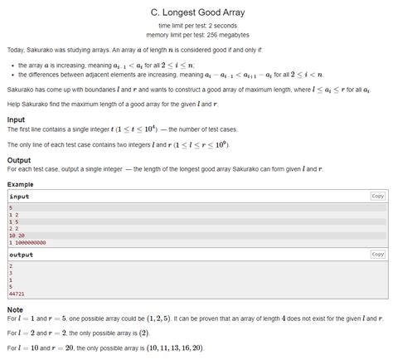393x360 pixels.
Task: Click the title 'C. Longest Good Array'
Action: pyautogui.click(x=196, y=12)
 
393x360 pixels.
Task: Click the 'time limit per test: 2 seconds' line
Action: pyautogui.click(x=196, y=27)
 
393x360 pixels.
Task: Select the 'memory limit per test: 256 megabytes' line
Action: pyautogui.click(x=196, y=35)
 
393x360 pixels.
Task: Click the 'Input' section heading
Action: pyautogui.click(x=16, y=119)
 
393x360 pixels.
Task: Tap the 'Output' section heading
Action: pyautogui.click(x=18, y=160)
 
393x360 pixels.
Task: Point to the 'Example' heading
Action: pyautogui.click(x=21, y=183)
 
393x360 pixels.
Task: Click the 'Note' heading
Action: pyautogui.click(x=15, y=309)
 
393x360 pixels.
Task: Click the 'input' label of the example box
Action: pyautogui.click(x=19, y=197)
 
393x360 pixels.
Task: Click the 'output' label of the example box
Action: pyautogui.click(x=21, y=255)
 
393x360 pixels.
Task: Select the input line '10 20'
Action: pyautogui.click(x=17, y=236)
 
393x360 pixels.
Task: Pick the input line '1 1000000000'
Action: pyautogui.click(x=27, y=243)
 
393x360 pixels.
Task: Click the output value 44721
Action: pyautogui.click(x=17, y=294)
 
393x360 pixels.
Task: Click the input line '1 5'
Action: pyautogui.click(x=13, y=222)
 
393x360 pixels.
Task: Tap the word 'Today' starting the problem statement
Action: pyautogui.click(x=16, y=51)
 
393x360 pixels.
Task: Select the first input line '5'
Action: pyautogui.click(x=10, y=208)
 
